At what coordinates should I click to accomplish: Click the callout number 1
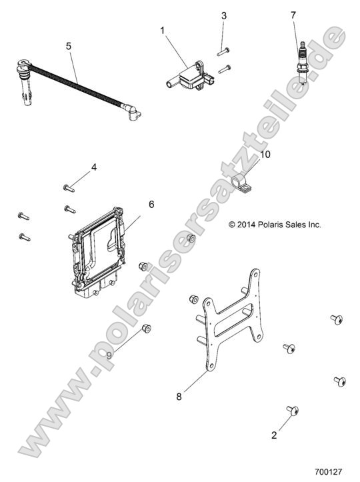coord(162,31)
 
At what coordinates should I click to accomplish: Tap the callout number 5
coord(69,46)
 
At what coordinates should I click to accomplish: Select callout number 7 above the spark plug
coord(293,15)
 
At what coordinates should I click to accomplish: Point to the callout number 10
coord(265,154)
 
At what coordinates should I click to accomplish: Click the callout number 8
coord(179,397)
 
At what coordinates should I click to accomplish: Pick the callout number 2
coord(274,435)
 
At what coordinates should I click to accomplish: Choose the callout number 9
coord(109,355)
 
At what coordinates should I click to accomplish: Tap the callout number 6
coord(151,204)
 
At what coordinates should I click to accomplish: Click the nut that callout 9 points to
coord(147,329)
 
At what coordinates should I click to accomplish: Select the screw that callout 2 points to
coord(293,410)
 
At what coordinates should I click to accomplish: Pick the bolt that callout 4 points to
coord(69,188)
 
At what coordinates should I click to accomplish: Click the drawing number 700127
coord(329,471)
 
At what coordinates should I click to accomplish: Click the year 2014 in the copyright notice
coord(246,225)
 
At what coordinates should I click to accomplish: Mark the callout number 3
coord(224,15)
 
